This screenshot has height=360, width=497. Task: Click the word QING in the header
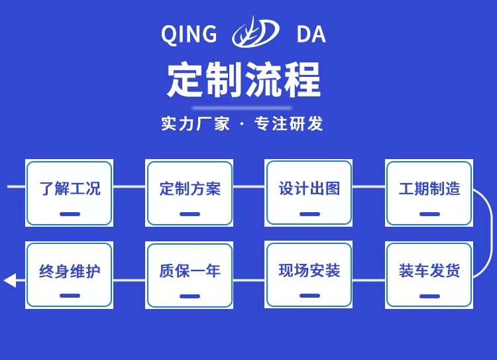click(x=189, y=34)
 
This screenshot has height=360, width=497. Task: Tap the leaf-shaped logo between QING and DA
click(x=254, y=33)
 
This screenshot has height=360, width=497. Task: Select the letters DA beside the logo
click(x=311, y=34)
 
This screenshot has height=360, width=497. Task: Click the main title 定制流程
click(x=244, y=80)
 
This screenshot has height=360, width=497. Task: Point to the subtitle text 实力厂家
click(x=195, y=123)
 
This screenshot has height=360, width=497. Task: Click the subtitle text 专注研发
click(x=289, y=123)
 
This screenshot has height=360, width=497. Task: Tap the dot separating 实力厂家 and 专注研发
click(x=242, y=124)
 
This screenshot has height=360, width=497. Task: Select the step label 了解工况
click(x=70, y=188)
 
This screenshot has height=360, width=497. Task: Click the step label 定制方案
click(x=190, y=188)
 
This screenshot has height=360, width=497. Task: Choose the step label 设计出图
click(x=309, y=188)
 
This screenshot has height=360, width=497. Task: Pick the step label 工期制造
click(x=429, y=188)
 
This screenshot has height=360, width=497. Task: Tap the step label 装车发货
click(x=429, y=270)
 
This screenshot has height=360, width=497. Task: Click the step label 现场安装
click(x=309, y=270)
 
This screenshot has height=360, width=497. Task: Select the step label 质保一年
click(x=190, y=270)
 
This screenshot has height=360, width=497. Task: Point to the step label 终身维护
click(x=70, y=270)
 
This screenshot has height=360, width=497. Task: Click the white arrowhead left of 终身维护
click(x=10, y=280)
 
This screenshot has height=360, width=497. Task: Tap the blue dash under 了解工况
click(x=70, y=214)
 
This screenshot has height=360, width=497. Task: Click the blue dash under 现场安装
click(x=309, y=296)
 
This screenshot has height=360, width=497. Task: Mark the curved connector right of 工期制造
click(x=489, y=232)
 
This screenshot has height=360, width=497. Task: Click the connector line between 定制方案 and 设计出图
click(x=249, y=186)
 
